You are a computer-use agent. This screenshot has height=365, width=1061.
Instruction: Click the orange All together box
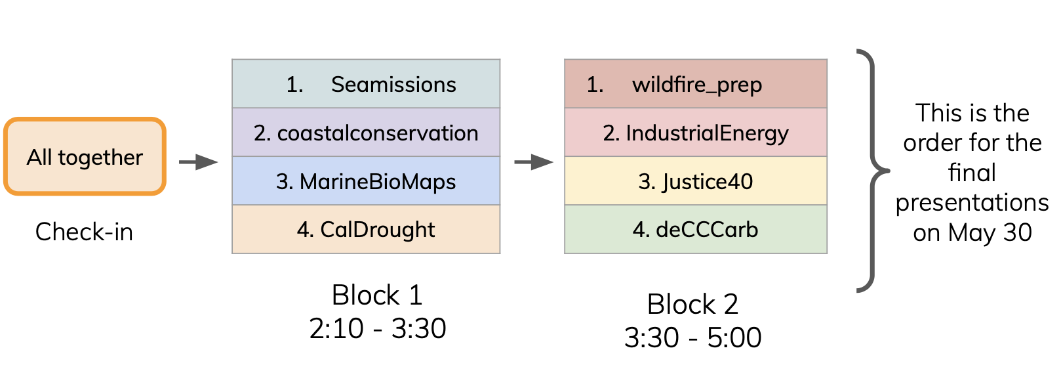coord(85,156)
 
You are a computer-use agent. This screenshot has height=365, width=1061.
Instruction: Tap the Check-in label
coord(85,232)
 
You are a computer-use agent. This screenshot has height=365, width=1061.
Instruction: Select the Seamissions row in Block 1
coord(366,84)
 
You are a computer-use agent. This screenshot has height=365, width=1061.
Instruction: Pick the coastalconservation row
coord(366,132)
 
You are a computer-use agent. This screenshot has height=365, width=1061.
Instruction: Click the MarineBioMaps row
coord(366,181)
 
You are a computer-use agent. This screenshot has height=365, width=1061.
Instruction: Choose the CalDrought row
coord(366,229)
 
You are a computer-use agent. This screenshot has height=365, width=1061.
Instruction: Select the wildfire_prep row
coord(696,84)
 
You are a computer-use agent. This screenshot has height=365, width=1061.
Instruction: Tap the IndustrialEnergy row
coord(696,132)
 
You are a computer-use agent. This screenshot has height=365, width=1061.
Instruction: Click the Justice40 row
coord(696,181)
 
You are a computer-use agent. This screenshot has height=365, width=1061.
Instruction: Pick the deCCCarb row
coord(696,229)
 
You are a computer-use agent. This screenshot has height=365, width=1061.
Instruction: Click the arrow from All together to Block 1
coord(199,162)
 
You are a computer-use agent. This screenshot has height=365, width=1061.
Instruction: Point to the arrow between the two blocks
coord(534,162)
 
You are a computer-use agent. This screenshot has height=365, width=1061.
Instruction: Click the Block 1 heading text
coord(377,295)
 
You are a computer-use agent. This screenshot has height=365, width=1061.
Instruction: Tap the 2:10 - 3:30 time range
coord(378,328)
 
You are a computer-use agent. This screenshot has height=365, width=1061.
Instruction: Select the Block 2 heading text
coord(692,304)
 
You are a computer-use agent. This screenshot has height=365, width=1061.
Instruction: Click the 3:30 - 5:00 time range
coord(693,337)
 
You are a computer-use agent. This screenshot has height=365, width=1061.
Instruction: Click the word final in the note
coord(972,172)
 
